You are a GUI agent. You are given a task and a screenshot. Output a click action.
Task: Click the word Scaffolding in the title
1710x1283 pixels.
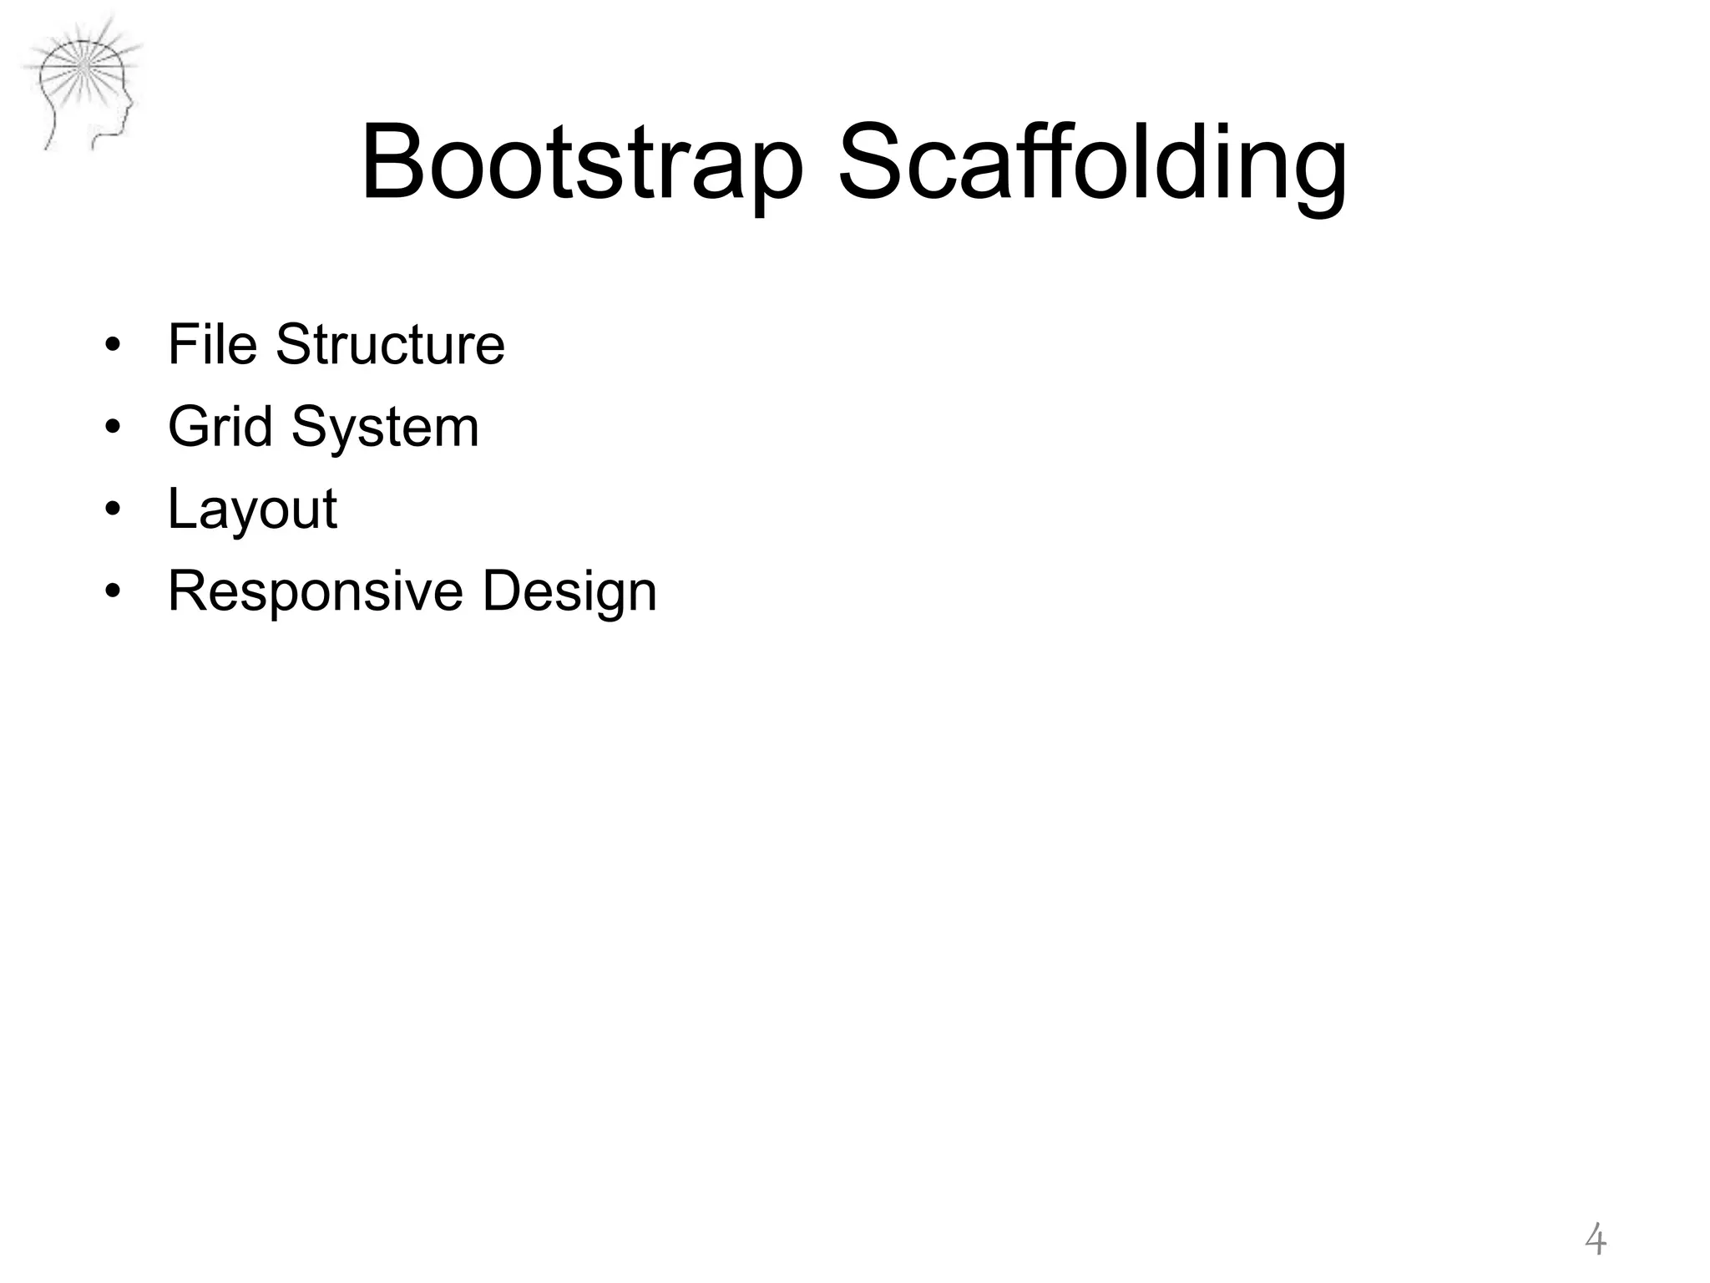pos(1092,163)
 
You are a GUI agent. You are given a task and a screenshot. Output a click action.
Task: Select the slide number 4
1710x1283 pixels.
pos(1595,1240)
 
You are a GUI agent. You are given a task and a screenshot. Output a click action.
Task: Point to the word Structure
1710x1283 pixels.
pos(390,344)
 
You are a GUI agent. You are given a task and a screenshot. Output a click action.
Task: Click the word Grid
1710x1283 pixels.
pos(220,427)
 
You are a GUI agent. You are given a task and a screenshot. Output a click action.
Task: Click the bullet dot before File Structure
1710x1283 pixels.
pos(113,346)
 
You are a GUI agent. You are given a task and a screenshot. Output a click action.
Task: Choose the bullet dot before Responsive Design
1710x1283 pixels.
pos(113,591)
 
